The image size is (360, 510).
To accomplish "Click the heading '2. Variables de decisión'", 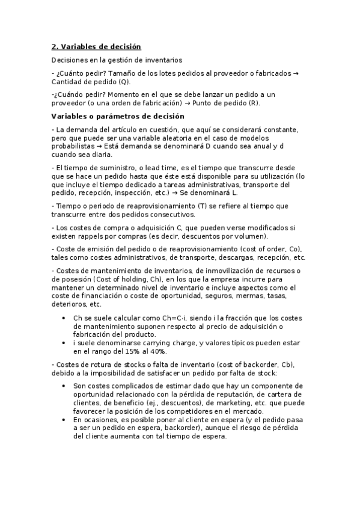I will point(96,46).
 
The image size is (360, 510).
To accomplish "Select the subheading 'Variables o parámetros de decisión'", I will point(118,116).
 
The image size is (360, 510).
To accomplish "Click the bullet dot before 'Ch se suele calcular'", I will point(64,318).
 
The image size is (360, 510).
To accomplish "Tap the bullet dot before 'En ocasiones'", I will point(64,420).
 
